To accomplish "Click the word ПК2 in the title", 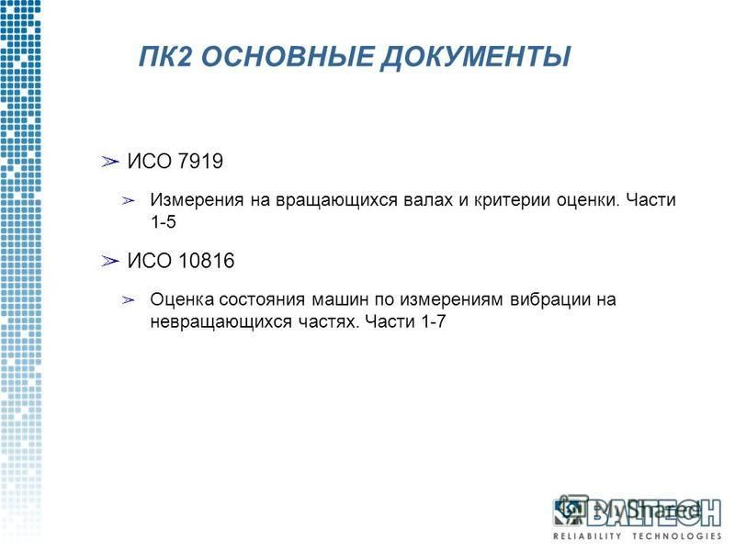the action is pyautogui.click(x=166, y=57).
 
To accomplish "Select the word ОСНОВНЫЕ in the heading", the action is pyautogui.click(x=288, y=57).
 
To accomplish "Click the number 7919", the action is pyautogui.click(x=201, y=162).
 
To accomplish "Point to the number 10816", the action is pyautogui.click(x=207, y=261).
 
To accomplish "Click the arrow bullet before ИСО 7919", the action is pyautogui.click(x=110, y=162).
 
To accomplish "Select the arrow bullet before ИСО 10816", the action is pyautogui.click(x=110, y=261).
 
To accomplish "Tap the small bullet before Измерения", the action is pyautogui.click(x=128, y=201).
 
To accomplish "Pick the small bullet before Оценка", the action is pyautogui.click(x=128, y=300).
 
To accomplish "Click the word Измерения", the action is pyautogui.click(x=197, y=200).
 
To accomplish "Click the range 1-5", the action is pyautogui.click(x=164, y=222).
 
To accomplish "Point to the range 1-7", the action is pyautogui.click(x=433, y=322).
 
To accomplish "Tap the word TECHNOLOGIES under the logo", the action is pyautogui.click(x=677, y=535).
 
